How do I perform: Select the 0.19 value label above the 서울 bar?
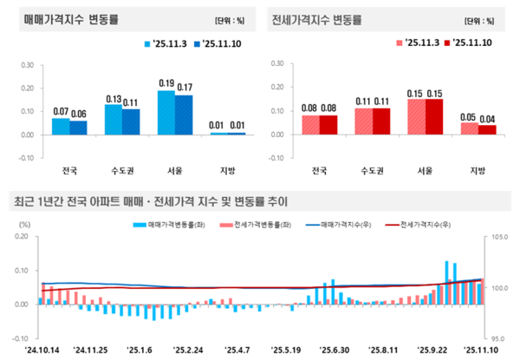tap(166, 83)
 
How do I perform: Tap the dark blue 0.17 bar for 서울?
tap(183, 115)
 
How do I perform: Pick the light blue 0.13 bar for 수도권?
tap(114, 120)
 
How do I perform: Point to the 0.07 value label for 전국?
tap(61, 112)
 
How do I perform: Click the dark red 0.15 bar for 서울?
tap(436, 117)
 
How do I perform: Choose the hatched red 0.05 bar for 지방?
tap(469, 128)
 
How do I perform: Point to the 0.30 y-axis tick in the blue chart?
tap(26, 64)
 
